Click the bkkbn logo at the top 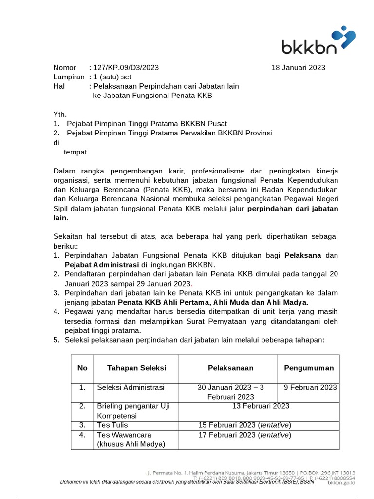(318, 42)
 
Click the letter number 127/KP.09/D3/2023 (126, 68)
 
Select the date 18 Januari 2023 (298, 68)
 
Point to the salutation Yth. (59, 115)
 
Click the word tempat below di (75, 152)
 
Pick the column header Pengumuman (309, 368)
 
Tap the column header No (82, 368)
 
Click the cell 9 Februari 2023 (310, 387)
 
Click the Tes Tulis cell (112, 425)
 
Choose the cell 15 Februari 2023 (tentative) (244, 425)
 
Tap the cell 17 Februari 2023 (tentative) (244, 435)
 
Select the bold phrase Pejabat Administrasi (102, 265)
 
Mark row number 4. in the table (82, 435)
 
